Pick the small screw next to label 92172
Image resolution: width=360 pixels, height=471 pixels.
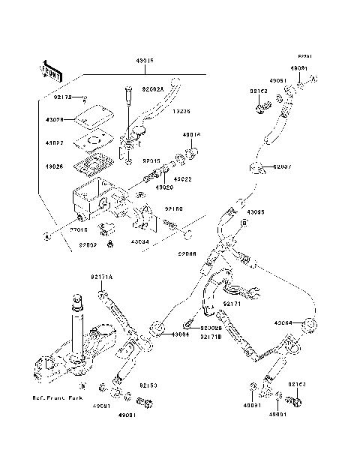(x=87, y=98)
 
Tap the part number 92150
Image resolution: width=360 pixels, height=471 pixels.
(x=175, y=210)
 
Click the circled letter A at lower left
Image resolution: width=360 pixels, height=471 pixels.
(x=46, y=235)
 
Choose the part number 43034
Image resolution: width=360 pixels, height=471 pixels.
(x=140, y=242)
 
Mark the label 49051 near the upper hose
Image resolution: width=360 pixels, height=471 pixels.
(x=277, y=79)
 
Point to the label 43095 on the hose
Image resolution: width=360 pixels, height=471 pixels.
(x=256, y=211)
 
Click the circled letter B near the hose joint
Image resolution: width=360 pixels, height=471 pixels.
(x=244, y=223)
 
